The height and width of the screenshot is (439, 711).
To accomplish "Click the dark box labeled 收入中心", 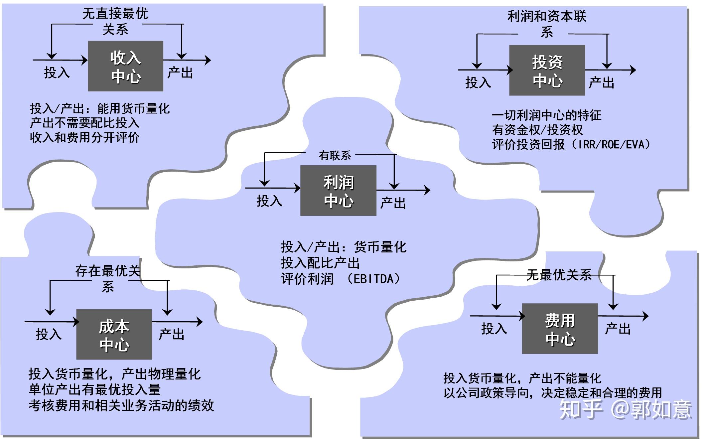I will point(125,66).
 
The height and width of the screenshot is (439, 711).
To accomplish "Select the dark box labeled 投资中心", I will point(547,71).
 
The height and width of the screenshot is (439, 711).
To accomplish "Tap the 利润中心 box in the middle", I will point(338,191).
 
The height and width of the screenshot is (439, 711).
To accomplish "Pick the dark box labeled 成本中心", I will point(114,334).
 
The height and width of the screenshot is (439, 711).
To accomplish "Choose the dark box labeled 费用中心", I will point(560,329).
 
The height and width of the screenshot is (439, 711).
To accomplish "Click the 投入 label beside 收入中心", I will point(57,73).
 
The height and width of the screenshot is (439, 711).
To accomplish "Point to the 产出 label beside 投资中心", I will point(601,82).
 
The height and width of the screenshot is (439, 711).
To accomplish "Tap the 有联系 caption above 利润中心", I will point(335,155).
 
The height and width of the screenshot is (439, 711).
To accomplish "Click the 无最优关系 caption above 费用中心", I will point(559,275).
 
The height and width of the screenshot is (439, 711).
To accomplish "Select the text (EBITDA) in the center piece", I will point(374,279).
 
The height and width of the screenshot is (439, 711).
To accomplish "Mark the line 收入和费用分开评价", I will point(84,137).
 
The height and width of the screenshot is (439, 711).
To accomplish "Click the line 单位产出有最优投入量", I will point(94,389).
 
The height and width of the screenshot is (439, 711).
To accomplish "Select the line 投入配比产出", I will point(320,263).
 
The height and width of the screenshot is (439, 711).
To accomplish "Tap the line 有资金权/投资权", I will point(537,130).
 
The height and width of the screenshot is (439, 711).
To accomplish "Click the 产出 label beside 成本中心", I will point(172,334).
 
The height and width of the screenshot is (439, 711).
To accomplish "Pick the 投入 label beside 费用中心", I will point(494,329).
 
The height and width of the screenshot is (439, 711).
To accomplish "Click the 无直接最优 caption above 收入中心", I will point(115,14).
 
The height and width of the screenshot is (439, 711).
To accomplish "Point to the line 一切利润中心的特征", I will point(546,115).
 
